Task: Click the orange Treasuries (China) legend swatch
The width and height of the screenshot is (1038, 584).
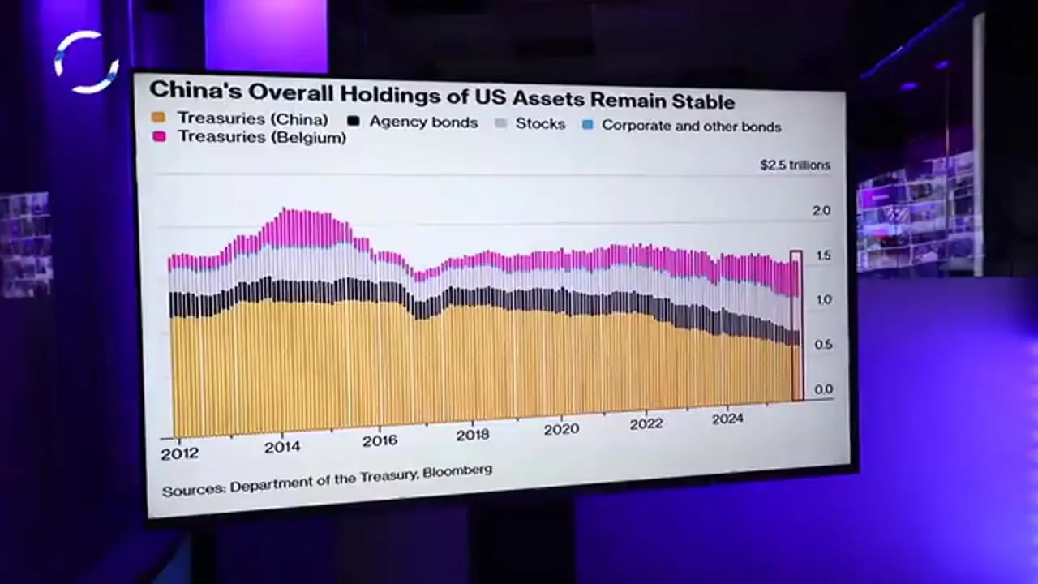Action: pos(158,118)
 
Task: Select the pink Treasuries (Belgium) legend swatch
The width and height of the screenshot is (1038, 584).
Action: pos(159,137)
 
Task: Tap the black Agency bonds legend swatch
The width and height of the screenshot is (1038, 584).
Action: pos(353,121)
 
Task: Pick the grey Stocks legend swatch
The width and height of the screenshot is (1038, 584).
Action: pos(501,124)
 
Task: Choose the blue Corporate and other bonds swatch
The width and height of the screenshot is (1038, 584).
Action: pos(588,126)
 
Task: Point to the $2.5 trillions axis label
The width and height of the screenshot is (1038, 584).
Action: pos(795,165)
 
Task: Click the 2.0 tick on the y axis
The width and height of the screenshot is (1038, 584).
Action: pos(821,211)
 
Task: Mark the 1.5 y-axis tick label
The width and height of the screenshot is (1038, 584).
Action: pos(821,255)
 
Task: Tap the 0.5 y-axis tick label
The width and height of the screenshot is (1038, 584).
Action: pos(823,345)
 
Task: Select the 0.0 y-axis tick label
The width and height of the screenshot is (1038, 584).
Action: pos(823,389)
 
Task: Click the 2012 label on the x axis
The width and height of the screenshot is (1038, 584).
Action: pos(179,453)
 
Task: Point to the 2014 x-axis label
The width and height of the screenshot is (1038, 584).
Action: pos(282,447)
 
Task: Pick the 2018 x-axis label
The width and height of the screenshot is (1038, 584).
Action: pos(472,435)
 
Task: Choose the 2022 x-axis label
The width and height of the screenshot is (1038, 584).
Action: pos(646,423)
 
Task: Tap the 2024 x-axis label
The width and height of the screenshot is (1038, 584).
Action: pos(727,419)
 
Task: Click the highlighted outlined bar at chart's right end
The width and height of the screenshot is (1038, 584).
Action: pos(796,325)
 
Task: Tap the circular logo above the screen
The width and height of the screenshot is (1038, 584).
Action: pos(87,62)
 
